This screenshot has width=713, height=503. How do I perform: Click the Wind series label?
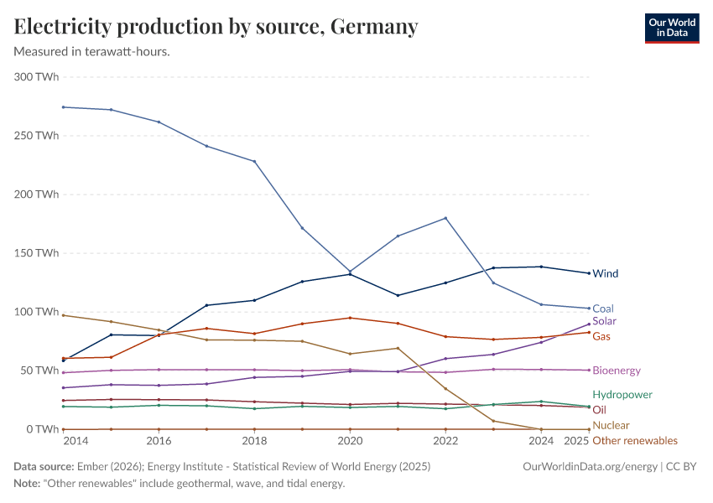pyautogui.click(x=605, y=273)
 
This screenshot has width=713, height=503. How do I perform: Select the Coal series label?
pyautogui.click(x=603, y=309)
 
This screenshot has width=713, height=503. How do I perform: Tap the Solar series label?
pyautogui.click(x=605, y=321)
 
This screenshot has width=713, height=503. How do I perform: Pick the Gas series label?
pyautogui.click(x=601, y=336)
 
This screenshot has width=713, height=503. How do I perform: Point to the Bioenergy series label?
pyautogui.click(x=617, y=371)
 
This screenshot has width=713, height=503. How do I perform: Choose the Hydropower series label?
pyautogui.click(x=622, y=394)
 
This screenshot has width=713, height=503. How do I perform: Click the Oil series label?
pyautogui.click(x=599, y=410)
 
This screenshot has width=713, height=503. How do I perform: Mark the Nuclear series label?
pyautogui.click(x=611, y=425)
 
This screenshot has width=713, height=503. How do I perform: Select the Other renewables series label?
pyautogui.click(x=635, y=440)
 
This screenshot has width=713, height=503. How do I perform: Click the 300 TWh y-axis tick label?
pyautogui.click(x=36, y=77)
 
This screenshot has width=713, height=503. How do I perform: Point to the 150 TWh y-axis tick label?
pyautogui.click(x=36, y=253)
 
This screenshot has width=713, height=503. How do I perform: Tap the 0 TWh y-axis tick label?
pyautogui.click(x=42, y=429)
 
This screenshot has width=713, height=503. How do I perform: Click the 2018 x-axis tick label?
pyautogui.click(x=254, y=440)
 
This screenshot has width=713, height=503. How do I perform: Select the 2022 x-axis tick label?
pyautogui.click(x=445, y=440)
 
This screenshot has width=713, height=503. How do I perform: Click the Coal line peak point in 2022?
pyautogui.click(x=445, y=218)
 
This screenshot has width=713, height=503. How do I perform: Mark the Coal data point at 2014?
pyautogui.click(x=63, y=107)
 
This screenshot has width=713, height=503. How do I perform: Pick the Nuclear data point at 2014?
pyautogui.click(x=63, y=315)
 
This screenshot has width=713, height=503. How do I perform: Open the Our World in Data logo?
pyautogui.click(x=671, y=28)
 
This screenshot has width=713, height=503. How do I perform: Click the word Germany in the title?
pyautogui.click(x=374, y=27)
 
